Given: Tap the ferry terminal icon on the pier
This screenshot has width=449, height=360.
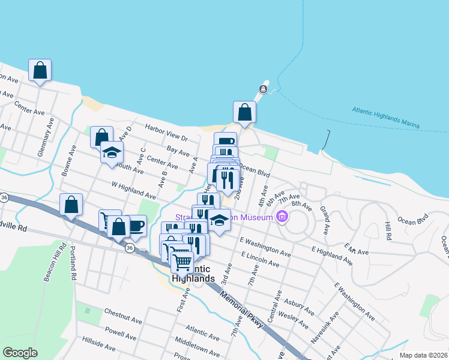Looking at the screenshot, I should [262, 90].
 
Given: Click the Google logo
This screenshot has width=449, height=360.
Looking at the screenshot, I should [20, 353].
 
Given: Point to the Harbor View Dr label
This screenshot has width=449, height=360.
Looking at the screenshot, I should [166, 133].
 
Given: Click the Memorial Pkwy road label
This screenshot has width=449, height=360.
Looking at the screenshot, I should [241, 310].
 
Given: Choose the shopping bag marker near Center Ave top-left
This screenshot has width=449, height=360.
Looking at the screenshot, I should [40, 70].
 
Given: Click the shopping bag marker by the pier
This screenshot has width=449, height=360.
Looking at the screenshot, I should [244, 112].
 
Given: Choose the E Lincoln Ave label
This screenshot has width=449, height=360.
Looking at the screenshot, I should [260, 259].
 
